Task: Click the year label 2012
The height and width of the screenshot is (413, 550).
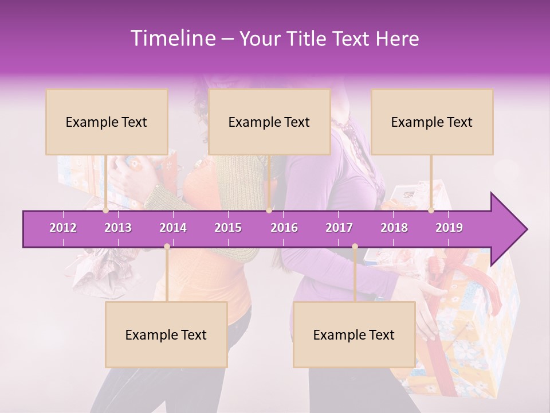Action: (x=63, y=228)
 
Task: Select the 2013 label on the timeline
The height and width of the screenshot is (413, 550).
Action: (x=118, y=228)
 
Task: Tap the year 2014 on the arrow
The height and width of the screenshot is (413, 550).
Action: (x=173, y=228)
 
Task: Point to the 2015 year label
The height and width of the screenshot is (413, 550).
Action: (x=228, y=228)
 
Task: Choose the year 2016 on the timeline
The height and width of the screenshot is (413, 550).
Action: (x=284, y=228)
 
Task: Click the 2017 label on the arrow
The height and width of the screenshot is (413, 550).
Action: (x=339, y=228)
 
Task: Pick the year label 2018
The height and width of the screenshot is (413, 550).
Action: (x=394, y=228)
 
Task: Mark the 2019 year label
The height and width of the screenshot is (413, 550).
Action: (x=449, y=228)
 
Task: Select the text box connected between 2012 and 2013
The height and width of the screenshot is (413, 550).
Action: (x=107, y=122)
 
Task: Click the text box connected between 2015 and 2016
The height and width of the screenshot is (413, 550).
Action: (x=269, y=122)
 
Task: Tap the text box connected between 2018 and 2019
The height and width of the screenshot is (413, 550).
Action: (x=432, y=122)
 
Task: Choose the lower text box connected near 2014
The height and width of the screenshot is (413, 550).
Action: (x=166, y=334)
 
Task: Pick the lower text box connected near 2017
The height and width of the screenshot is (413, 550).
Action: (x=354, y=334)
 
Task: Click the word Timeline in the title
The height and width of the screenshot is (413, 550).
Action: (x=172, y=38)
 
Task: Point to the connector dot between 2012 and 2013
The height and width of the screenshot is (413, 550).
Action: (x=106, y=211)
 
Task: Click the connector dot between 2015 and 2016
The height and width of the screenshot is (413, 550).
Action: (x=269, y=211)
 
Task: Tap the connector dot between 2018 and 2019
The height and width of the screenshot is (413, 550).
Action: (x=431, y=211)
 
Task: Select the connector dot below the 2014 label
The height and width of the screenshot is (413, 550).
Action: (x=167, y=247)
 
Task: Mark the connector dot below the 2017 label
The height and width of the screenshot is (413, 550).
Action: (x=355, y=247)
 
